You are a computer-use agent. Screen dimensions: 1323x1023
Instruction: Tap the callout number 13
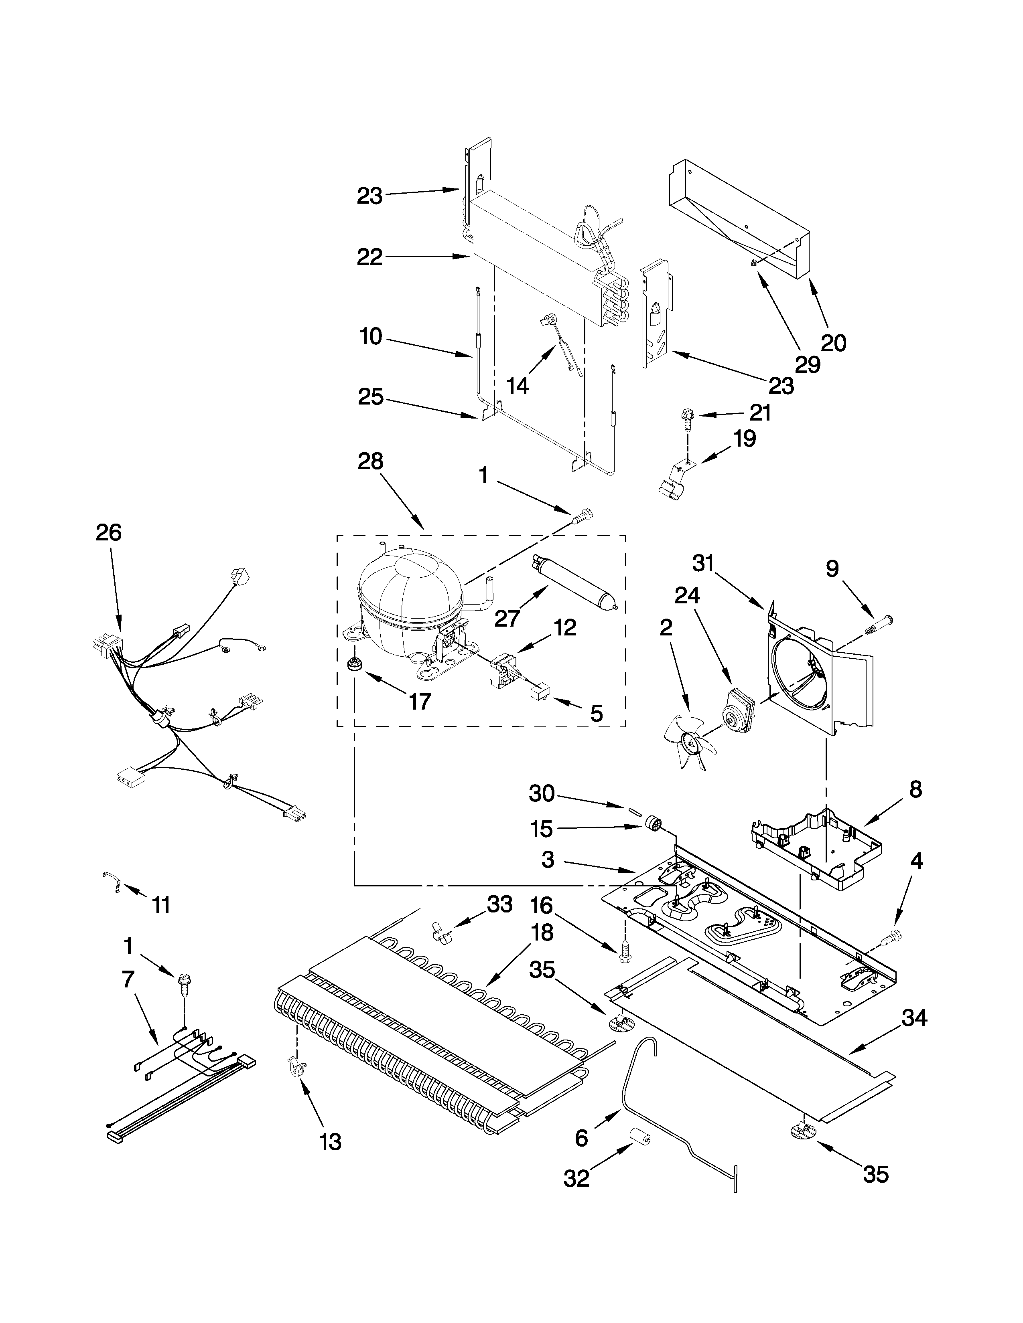(x=330, y=1141)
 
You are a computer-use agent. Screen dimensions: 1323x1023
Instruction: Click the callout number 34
(x=914, y=1018)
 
